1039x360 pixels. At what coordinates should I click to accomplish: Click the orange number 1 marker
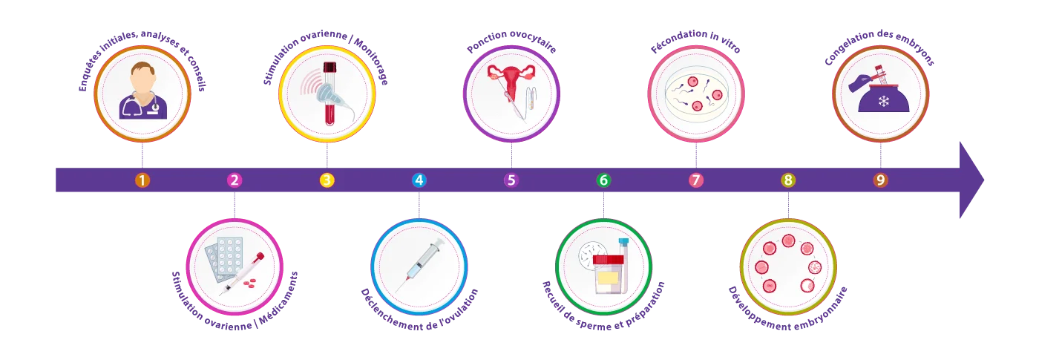pos(142,180)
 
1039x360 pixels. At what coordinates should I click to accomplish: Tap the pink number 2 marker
pos(235,180)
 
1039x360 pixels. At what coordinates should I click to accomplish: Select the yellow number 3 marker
pos(327,180)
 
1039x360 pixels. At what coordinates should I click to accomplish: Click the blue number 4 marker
pos(419,180)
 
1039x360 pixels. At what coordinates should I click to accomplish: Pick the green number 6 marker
pos(603,180)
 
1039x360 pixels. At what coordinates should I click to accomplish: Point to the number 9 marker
pos(880,180)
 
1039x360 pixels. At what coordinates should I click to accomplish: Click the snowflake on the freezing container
pos(884,101)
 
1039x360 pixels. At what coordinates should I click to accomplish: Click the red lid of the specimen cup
pos(608,260)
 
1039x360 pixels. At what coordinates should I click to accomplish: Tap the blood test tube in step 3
pos(330,94)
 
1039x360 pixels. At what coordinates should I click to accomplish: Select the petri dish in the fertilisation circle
pos(696,94)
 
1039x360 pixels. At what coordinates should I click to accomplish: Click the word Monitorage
pos(372,60)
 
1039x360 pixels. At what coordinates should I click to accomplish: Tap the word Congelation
pos(848,48)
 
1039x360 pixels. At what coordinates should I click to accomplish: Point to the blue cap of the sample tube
pos(623,242)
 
